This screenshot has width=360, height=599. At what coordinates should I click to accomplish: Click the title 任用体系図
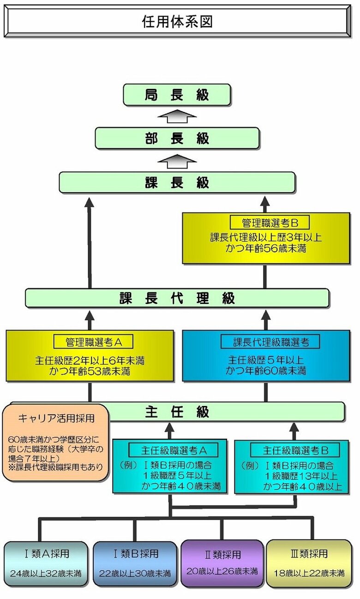[x=177, y=22]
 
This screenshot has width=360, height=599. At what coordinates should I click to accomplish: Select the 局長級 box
[x=177, y=95]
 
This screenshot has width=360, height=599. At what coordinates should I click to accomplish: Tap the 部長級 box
[x=177, y=138]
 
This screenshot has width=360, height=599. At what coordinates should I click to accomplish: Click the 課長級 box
[x=177, y=182]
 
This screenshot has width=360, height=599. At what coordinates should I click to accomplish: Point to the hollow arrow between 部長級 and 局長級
[x=177, y=116]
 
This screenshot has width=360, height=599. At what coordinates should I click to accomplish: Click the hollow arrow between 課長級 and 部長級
[x=177, y=161]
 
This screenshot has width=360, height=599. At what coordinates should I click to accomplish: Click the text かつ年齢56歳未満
[x=266, y=249]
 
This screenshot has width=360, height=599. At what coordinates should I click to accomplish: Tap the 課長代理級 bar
[x=177, y=298]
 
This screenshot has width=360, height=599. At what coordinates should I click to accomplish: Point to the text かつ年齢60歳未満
[x=266, y=370]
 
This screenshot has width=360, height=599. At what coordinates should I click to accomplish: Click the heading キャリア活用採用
[x=56, y=418]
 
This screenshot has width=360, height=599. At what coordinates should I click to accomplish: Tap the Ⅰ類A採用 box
[x=46, y=564]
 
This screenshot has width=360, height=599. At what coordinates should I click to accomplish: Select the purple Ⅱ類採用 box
[x=222, y=563]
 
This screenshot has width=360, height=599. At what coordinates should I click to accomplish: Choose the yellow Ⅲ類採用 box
[x=309, y=563]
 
